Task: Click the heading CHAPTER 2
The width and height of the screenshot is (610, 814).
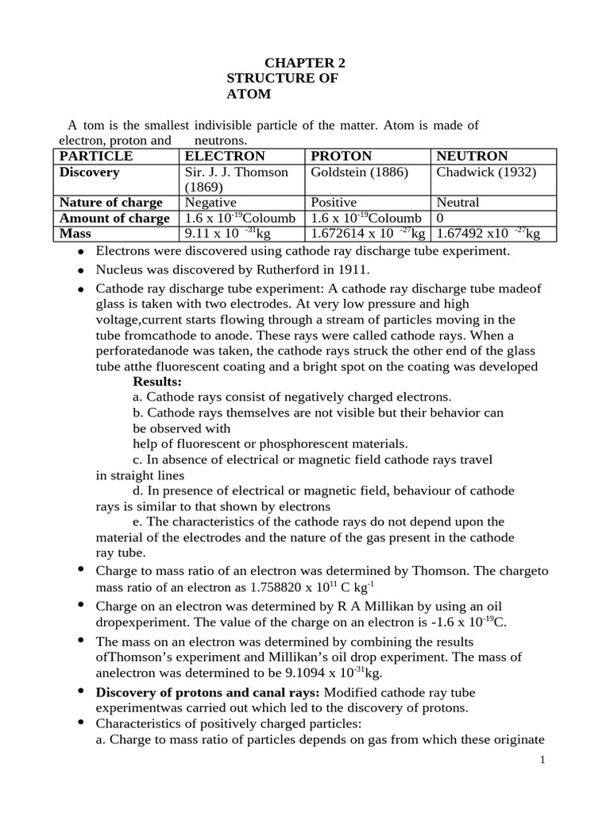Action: (x=305, y=63)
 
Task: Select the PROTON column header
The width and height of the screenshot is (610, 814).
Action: (x=341, y=156)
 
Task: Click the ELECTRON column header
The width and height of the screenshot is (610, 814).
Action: (x=224, y=156)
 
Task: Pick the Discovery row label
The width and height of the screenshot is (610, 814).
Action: (x=90, y=172)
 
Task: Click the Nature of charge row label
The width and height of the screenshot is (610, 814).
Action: (x=111, y=202)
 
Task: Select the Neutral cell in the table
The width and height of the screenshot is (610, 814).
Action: (x=457, y=202)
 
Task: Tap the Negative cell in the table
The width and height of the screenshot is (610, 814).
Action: (x=210, y=202)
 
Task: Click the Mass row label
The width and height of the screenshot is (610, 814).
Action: (x=75, y=233)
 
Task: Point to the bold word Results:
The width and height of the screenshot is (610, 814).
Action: (x=157, y=381)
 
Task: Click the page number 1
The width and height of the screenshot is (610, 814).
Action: (x=542, y=760)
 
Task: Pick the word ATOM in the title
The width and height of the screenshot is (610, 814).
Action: (x=249, y=94)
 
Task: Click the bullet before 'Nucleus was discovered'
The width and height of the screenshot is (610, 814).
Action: (x=80, y=269)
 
